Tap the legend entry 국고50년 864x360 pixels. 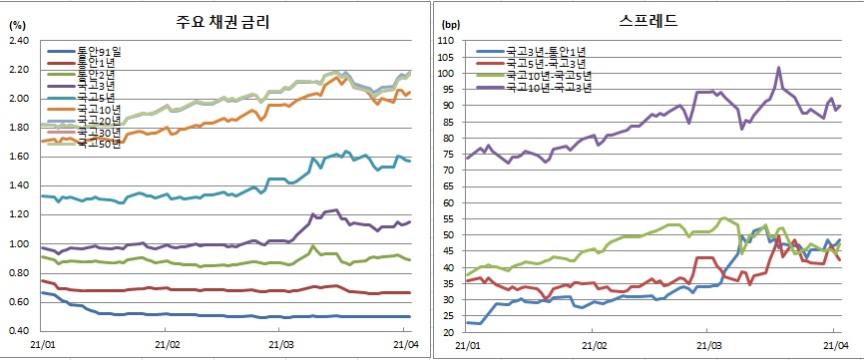(x=101, y=143)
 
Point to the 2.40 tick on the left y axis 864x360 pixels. (x=19, y=41)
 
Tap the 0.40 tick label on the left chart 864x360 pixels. (x=19, y=331)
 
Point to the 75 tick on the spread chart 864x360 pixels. (x=446, y=155)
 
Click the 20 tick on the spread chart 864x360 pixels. (x=446, y=331)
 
